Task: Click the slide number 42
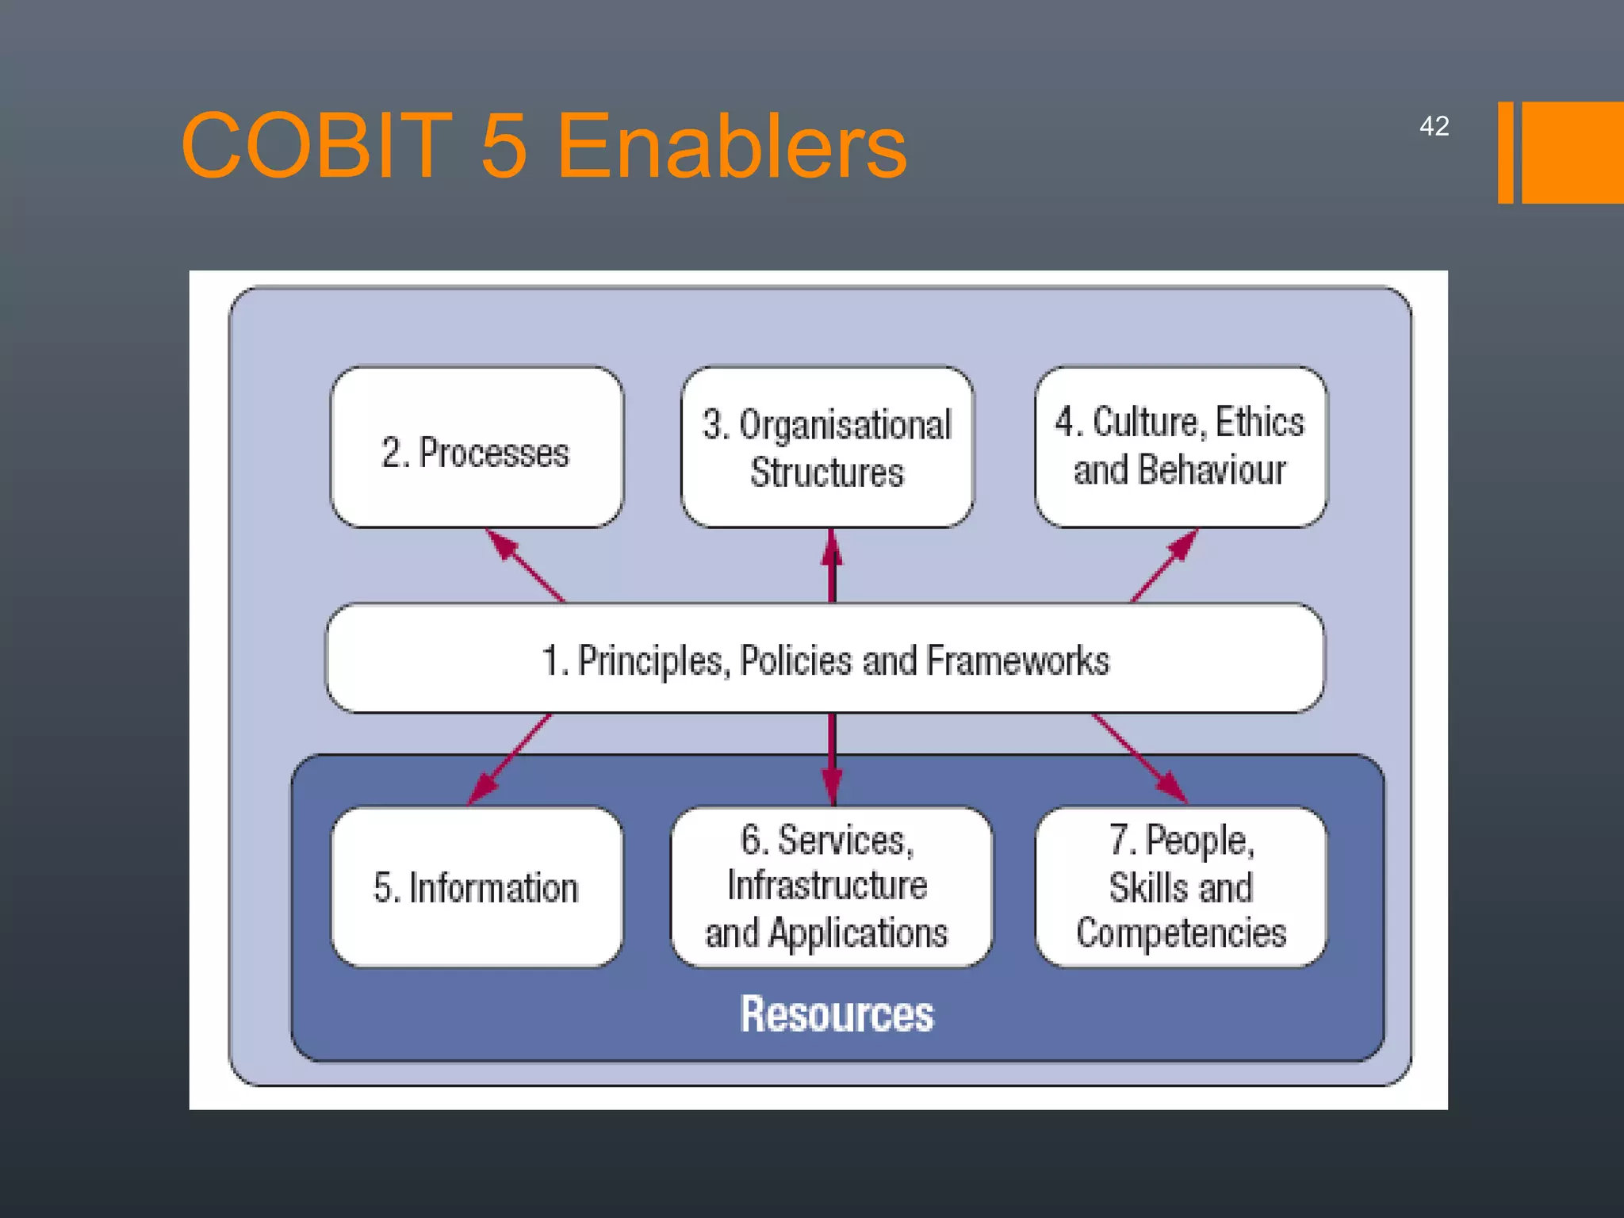(1434, 126)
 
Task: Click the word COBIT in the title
(316, 146)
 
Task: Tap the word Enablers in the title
(731, 146)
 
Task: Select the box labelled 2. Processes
(477, 448)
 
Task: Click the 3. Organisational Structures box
(827, 448)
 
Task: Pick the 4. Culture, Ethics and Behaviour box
(1180, 446)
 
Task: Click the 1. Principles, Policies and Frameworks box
(825, 659)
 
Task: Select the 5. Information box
(477, 887)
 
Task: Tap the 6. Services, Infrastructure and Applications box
(830, 887)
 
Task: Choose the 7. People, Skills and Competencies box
(1181, 887)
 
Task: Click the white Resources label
(837, 1014)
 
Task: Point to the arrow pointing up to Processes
(524, 565)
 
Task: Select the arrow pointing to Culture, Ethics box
(1164, 565)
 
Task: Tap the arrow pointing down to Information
(510, 757)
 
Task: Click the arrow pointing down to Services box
(831, 759)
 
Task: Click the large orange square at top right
(1572, 152)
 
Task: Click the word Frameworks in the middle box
(1017, 661)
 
